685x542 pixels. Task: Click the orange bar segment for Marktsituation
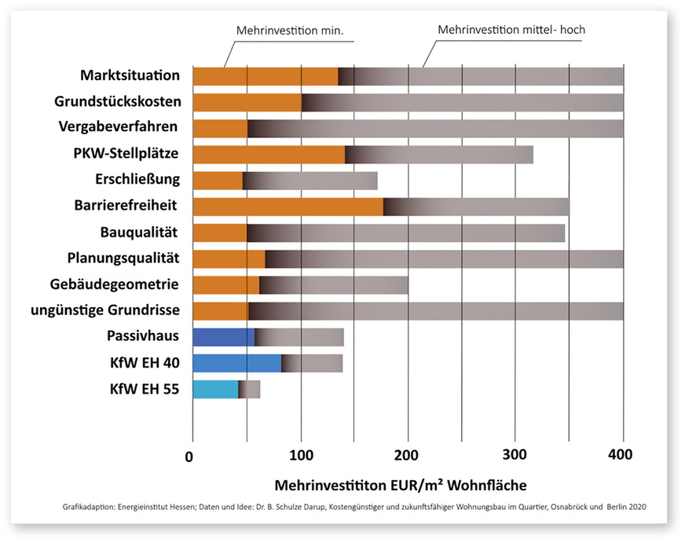pos(266,76)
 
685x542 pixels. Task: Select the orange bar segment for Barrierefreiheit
pos(288,207)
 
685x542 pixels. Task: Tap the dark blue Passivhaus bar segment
pos(223,337)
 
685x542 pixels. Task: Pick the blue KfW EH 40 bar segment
pos(236,363)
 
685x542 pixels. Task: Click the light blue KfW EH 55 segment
pos(215,389)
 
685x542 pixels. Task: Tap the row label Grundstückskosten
pos(118,102)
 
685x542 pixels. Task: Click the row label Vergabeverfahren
pos(118,127)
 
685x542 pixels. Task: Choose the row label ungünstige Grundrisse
pos(105,309)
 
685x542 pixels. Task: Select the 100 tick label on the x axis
pos(300,455)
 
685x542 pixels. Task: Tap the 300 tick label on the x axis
pos(515,455)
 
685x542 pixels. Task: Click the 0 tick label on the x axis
pos(189,455)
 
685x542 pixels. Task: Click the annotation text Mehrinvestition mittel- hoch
pos(511,30)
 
